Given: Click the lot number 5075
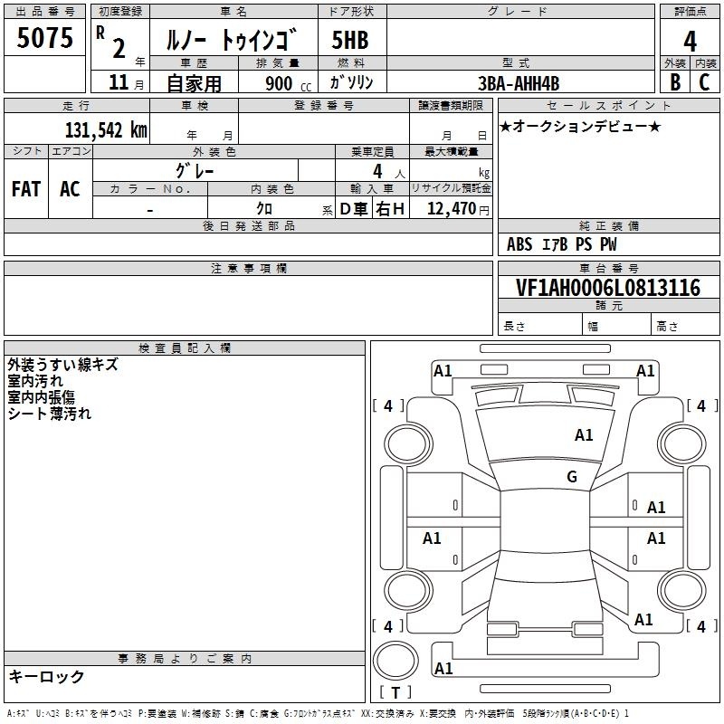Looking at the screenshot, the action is click(x=44, y=38).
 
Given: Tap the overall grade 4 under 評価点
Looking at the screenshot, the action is click(x=690, y=42).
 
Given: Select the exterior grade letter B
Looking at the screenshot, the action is click(x=675, y=82).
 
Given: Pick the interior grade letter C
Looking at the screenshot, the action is click(x=704, y=82).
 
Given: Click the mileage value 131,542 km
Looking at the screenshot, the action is click(x=106, y=130).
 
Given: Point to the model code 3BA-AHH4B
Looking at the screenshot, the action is click(x=519, y=83).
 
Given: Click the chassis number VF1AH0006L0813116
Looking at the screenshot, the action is click(x=608, y=287).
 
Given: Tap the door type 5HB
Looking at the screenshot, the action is click(x=350, y=40).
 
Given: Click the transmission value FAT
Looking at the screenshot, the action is click(x=26, y=189).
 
